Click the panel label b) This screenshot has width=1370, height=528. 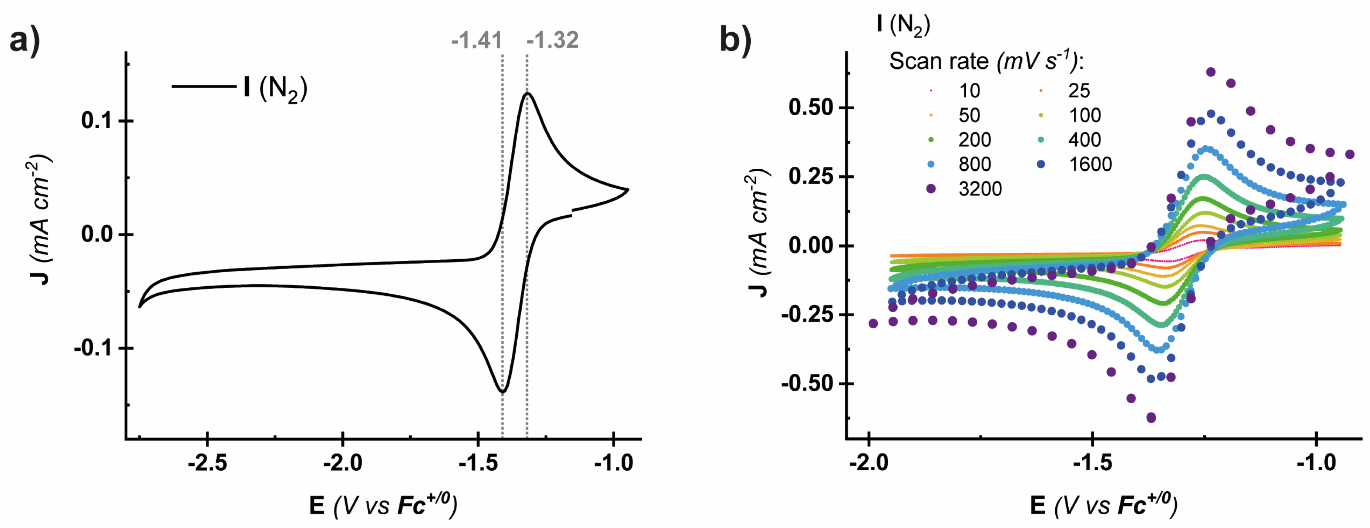pyautogui.click(x=735, y=40)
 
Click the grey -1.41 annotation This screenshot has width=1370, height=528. pyautogui.click(x=477, y=40)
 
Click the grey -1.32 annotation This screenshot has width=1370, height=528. pyautogui.click(x=552, y=40)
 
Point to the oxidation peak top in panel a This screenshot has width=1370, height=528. pyautogui.click(x=527, y=94)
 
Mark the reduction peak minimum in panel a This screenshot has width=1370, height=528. pyautogui.click(x=502, y=392)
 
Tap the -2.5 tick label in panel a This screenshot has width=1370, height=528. pyautogui.click(x=207, y=463)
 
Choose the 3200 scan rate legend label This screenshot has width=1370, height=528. pyautogui.click(x=980, y=189)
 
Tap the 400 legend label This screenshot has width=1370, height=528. pyautogui.click(x=1084, y=140)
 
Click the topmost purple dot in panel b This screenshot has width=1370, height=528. pyautogui.click(x=1210, y=72)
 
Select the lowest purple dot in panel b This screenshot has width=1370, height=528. pyautogui.click(x=1151, y=417)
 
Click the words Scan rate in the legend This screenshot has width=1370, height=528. pyautogui.click(x=938, y=62)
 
